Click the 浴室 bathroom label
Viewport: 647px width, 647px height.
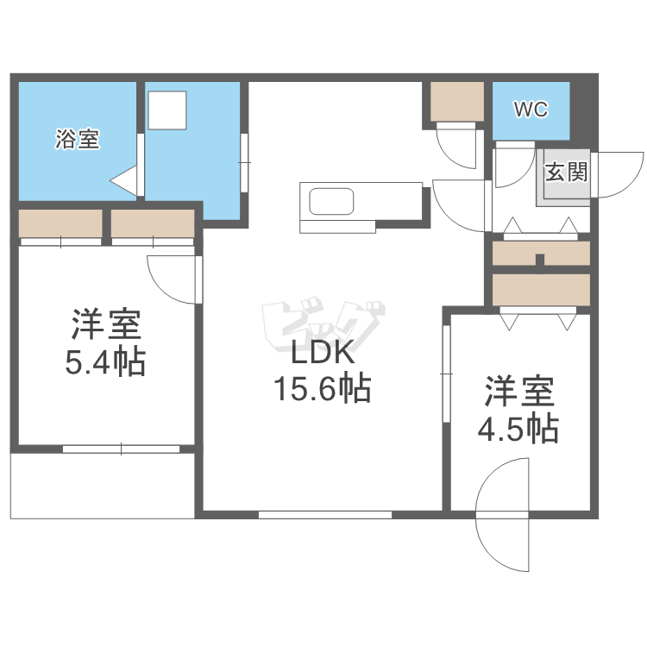point(78,138)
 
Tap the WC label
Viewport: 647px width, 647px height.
point(530,110)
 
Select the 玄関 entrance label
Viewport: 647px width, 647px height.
point(566,173)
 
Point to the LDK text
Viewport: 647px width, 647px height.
point(322,355)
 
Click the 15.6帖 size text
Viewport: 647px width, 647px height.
point(322,390)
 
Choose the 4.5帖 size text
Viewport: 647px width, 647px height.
point(518,428)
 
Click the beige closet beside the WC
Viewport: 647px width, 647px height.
point(458,102)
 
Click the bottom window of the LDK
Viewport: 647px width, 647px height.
point(324,515)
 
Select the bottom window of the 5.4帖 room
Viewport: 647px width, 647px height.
point(121,449)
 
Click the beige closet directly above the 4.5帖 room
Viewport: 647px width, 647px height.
point(541,290)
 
